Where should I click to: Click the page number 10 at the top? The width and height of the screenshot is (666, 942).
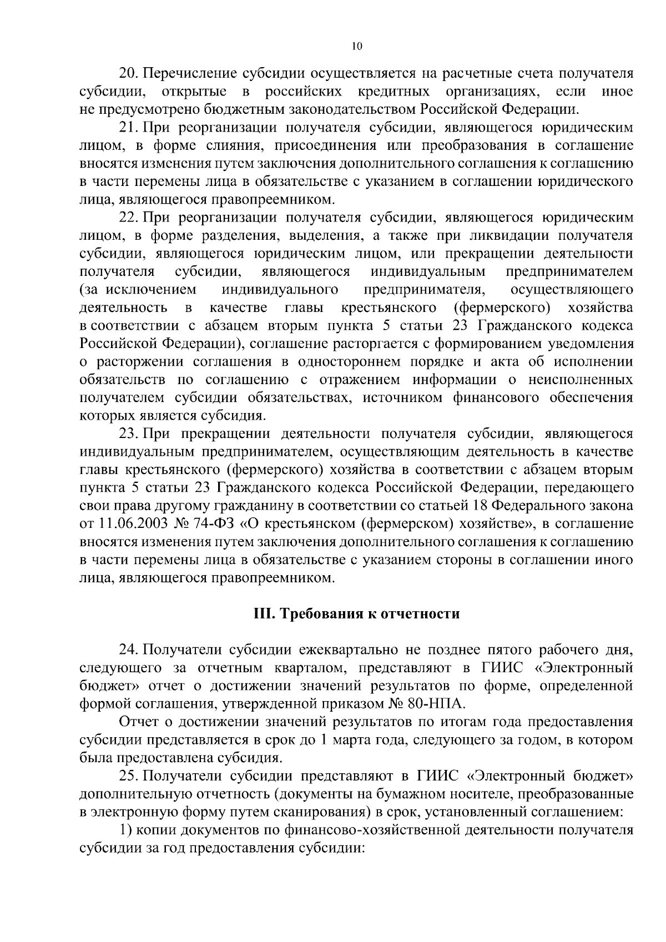point(357,47)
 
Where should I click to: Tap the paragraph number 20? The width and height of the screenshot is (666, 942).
point(128,74)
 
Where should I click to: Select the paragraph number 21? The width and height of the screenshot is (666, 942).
point(128,128)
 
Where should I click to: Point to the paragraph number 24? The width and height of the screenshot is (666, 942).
point(128,649)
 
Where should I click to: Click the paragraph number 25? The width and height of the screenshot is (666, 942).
point(128,776)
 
